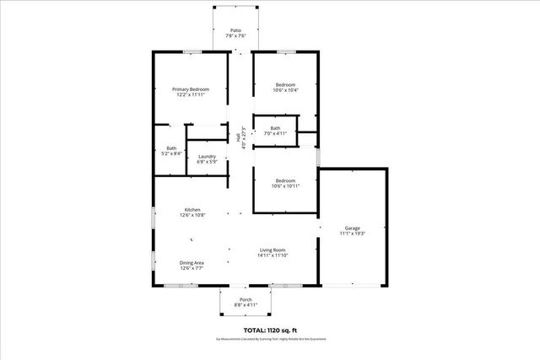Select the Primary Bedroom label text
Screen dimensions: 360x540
pyautogui.click(x=191, y=89)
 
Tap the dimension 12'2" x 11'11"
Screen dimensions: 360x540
pyautogui.click(x=191, y=95)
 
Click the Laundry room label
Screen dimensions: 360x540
pyautogui.click(x=207, y=156)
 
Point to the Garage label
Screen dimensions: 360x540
pyautogui.click(x=352, y=228)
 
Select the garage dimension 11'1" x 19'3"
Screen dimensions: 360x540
pyautogui.click(x=352, y=234)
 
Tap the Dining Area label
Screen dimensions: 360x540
pyautogui.click(x=192, y=263)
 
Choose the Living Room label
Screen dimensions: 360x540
pyautogui.click(x=273, y=250)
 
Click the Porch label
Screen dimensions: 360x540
pyautogui.click(x=246, y=299)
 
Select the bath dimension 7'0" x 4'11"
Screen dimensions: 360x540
pyautogui.click(x=276, y=133)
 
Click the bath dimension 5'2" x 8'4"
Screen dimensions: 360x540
pyautogui.click(x=171, y=153)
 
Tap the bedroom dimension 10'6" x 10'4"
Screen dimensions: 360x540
pyautogui.click(x=285, y=90)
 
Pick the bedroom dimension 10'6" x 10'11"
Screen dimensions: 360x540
pyautogui.click(x=285, y=185)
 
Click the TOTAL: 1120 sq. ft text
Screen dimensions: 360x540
pyautogui.click(x=269, y=330)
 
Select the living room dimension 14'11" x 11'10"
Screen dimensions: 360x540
pyautogui.click(x=273, y=255)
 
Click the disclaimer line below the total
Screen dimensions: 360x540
pyautogui.click(x=269, y=339)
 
